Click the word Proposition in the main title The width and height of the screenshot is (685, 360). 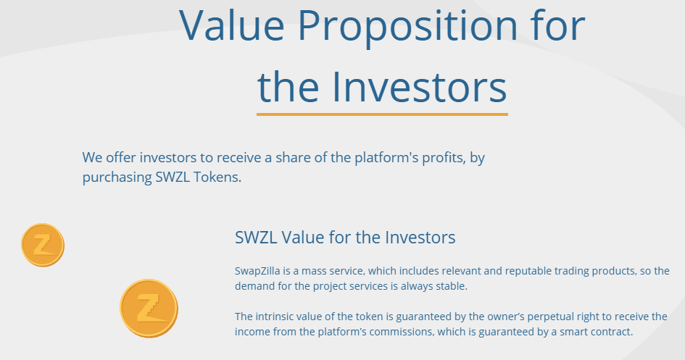click(x=407, y=26)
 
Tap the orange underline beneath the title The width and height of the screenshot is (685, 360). click(x=382, y=114)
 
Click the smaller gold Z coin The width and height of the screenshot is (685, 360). click(x=43, y=245)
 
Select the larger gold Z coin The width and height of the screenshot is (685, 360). click(x=149, y=308)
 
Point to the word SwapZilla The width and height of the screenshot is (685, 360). click(x=257, y=271)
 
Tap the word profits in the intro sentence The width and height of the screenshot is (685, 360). click(x=444, y=157)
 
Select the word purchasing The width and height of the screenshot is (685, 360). click(x=117, y=177)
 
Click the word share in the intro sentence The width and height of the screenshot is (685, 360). click(x=293, y=157)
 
